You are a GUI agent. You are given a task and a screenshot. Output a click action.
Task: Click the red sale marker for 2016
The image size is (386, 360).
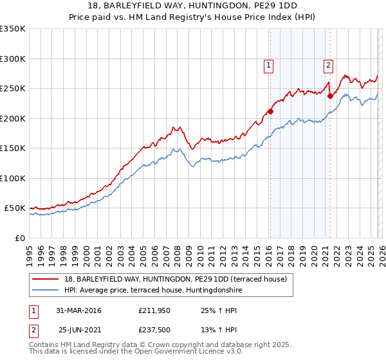(x=270, y=111)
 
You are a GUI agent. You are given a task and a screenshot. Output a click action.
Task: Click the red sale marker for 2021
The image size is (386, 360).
(x=330, y=96)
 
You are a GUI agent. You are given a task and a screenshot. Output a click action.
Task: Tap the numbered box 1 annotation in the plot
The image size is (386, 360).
(x=268, y=64)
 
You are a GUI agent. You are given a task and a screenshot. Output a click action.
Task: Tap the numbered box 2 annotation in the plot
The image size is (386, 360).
(x=328, y=64)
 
